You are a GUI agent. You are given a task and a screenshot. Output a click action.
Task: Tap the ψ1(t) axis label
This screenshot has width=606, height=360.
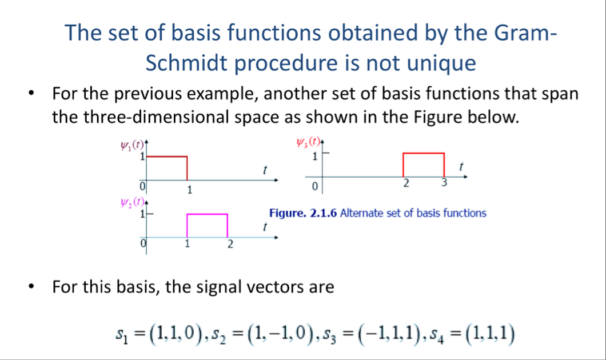tap(132, 146)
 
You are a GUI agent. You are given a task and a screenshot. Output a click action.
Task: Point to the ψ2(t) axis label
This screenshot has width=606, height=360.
tap(132, 202)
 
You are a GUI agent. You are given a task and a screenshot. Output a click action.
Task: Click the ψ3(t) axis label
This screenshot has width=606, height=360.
tap(308, 142)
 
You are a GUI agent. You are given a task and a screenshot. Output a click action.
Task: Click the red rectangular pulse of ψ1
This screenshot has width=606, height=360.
tap(167, 157)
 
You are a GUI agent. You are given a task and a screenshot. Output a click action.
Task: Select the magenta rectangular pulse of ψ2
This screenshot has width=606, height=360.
tap(207, 214)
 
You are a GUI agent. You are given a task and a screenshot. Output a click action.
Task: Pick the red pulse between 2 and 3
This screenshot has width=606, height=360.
tap(424, 153)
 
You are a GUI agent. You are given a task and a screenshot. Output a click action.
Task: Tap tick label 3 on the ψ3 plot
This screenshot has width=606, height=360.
tap(444, 182)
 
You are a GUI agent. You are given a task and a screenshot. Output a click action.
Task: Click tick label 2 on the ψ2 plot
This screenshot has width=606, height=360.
tap(230, 244)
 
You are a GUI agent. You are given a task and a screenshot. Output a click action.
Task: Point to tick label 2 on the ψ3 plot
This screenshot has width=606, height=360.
tap(406, 183)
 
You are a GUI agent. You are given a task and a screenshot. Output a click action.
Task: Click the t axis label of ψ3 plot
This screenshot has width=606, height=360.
tap(461, 167)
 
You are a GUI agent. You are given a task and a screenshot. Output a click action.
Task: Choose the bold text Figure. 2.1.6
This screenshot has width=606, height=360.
tap(303, 213)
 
